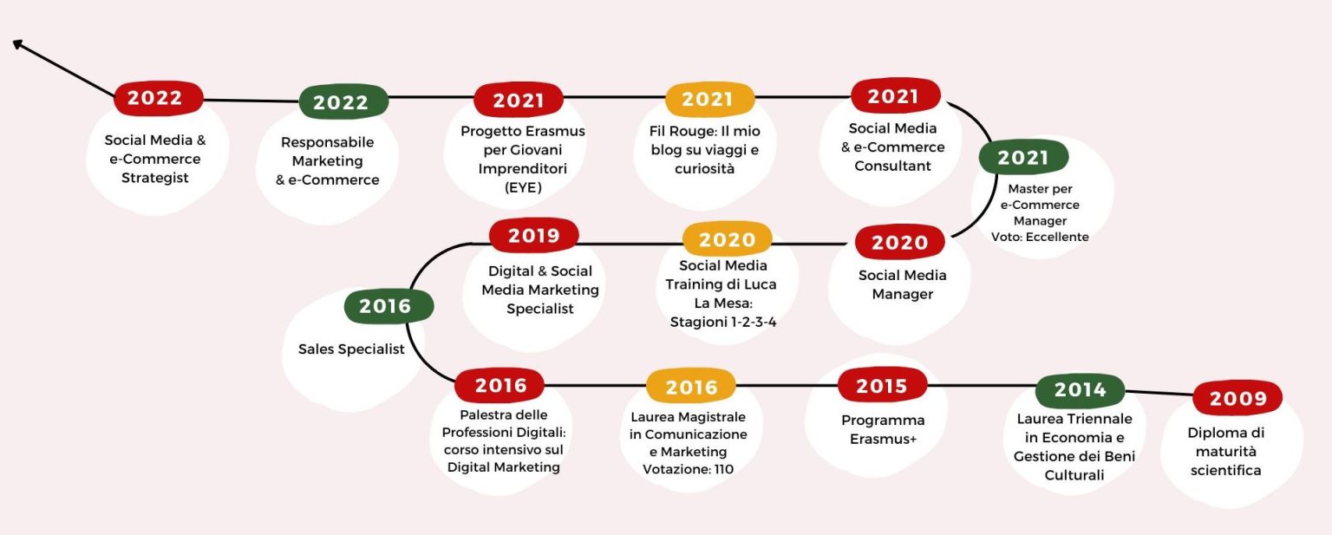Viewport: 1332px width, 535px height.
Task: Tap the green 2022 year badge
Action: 343,102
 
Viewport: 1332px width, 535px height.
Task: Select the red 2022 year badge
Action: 158,98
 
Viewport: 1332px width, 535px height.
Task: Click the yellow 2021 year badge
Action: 709,99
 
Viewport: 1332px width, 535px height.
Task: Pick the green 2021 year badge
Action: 1023,157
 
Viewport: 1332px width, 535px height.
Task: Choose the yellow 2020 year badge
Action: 728,239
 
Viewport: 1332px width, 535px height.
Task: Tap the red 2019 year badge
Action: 533,235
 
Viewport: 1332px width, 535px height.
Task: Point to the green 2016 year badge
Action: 388,306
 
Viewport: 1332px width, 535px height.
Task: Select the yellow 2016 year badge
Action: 691,387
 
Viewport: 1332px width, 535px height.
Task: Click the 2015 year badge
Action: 883,385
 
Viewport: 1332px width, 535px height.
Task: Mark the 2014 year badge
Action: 1080,390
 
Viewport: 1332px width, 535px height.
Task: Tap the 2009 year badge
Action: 1237,398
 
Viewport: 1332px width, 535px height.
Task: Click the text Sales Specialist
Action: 351,349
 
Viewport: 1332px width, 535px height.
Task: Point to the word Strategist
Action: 155,178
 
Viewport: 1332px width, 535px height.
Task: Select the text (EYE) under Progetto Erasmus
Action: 523,188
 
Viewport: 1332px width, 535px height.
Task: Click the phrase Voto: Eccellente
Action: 1040,237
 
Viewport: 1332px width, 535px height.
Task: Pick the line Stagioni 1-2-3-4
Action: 723,323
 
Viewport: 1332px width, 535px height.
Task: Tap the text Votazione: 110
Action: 688,469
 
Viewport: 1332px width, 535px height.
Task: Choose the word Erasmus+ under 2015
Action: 883,440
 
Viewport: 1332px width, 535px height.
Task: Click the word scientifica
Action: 1225,470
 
